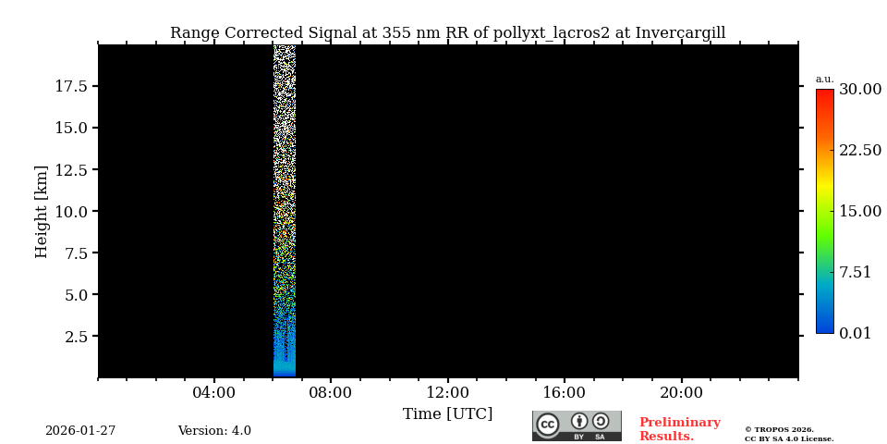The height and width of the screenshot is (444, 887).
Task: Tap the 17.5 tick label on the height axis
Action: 71,86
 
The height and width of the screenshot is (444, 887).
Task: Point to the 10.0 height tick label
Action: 71,211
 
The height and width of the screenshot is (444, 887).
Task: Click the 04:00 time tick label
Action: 214,393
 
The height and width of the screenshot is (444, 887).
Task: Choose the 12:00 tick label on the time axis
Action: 447,393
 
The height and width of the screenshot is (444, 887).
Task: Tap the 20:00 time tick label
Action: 681,393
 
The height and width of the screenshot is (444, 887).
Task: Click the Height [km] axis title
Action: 42,211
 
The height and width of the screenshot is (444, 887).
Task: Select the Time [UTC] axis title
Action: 447,413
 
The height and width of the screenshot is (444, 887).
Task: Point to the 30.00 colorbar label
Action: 860,90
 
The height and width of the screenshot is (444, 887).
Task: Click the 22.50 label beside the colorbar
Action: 860,151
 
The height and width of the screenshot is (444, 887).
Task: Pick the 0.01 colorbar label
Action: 856,333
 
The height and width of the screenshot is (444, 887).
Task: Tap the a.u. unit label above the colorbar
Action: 824,79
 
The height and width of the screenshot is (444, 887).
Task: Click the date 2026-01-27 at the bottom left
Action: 80,431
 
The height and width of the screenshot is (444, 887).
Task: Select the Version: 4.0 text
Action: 214,431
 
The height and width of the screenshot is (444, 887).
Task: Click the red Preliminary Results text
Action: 679,429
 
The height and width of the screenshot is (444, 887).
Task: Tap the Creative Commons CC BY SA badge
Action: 577,425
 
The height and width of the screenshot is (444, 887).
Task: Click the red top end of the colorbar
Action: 824,93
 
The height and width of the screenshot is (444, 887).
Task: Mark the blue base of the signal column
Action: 285,371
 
